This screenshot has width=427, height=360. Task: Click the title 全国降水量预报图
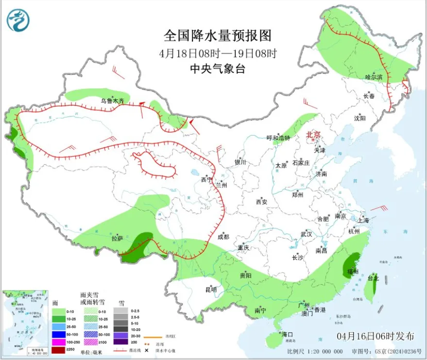coord(217,36)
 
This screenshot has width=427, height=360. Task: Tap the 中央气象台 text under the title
coord(217,69)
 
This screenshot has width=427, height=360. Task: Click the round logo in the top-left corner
coord(18,20)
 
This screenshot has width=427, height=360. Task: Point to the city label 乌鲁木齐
coord(112,101)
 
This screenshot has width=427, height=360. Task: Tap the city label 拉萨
coord(117,239)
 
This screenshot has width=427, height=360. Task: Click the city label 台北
coord(373,279)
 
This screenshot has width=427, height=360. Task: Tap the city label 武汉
coord(306,234)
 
